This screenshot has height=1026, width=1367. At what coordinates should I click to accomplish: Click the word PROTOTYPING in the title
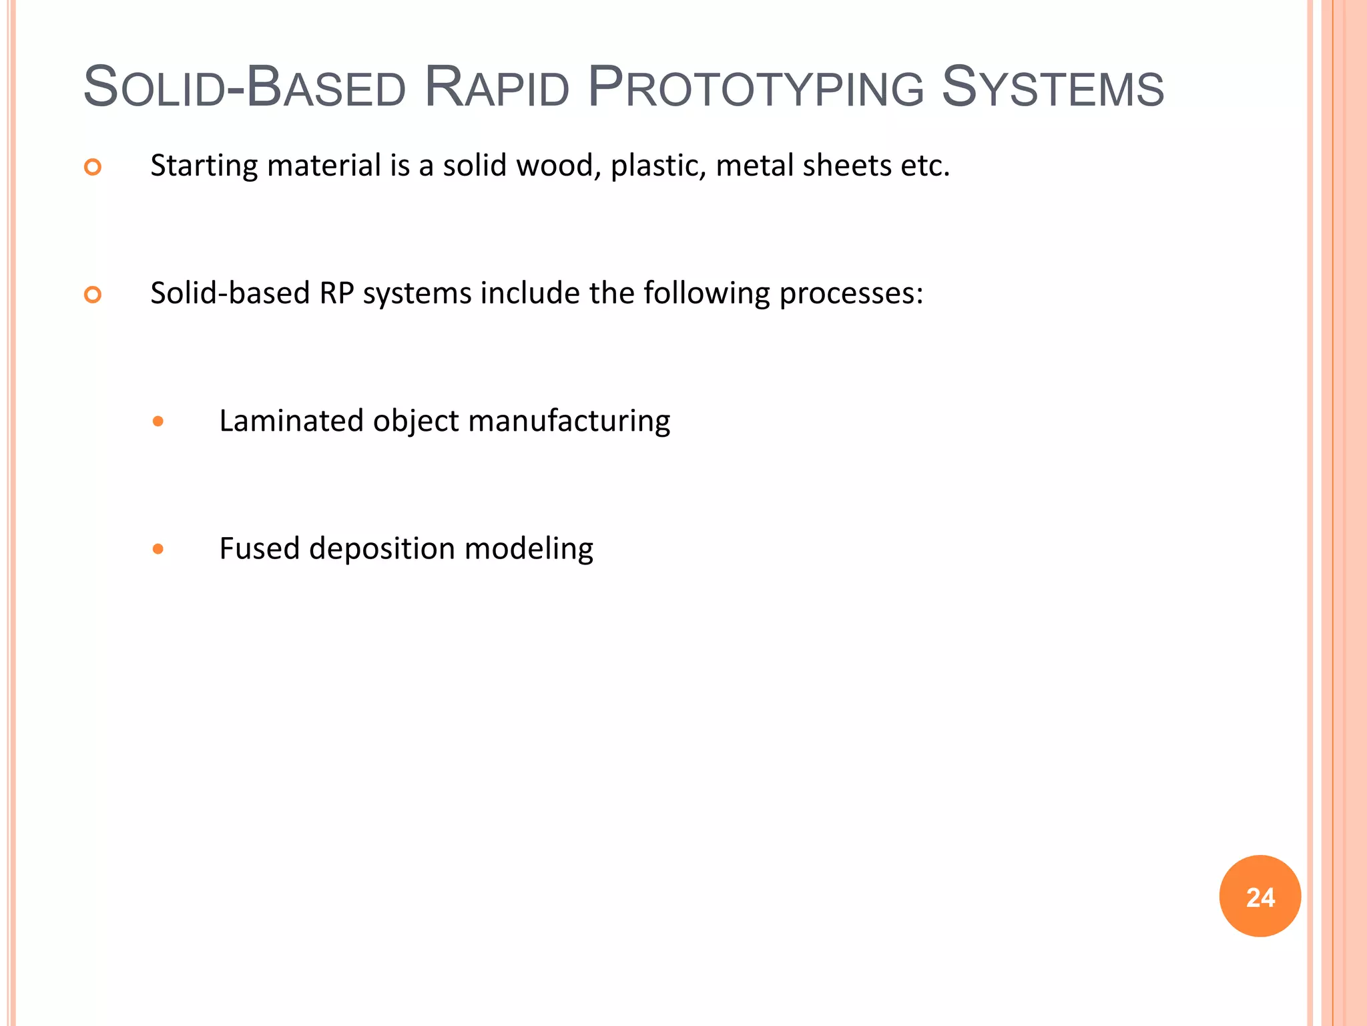click(756, 88)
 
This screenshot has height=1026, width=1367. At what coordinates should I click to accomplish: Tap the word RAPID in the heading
click(497, 88)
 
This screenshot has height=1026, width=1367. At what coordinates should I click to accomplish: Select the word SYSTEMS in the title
click(1053, 88)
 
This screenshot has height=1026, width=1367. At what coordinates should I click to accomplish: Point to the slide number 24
click(1260, 897)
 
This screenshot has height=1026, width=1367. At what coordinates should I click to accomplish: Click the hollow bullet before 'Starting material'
click(93, 167)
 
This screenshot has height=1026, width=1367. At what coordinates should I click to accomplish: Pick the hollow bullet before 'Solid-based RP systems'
click(93, 295)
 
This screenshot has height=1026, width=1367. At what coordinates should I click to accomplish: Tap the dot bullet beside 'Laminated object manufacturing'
click(158, 421)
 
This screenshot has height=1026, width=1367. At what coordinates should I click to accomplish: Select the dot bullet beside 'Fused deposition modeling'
click(158, 549)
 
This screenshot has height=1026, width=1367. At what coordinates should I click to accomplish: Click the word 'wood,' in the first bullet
click(559, 166)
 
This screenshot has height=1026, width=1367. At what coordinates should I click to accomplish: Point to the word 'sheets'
click(847, 166)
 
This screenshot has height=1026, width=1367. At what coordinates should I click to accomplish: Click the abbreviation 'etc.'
click(925, 166)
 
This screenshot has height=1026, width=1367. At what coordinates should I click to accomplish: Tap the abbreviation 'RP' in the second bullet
click(336, 293)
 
